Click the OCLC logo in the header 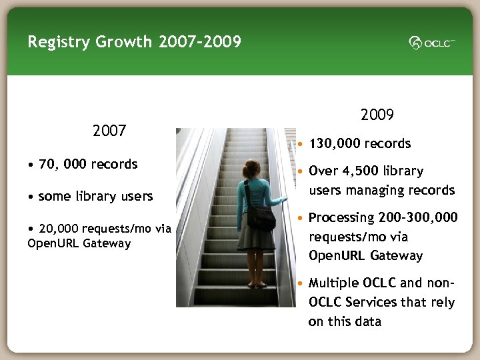432,43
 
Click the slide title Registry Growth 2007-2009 134,42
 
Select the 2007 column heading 109,131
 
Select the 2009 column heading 377,115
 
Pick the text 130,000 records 359,143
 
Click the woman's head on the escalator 251,169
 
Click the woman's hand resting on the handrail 285,199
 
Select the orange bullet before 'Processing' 301,218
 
